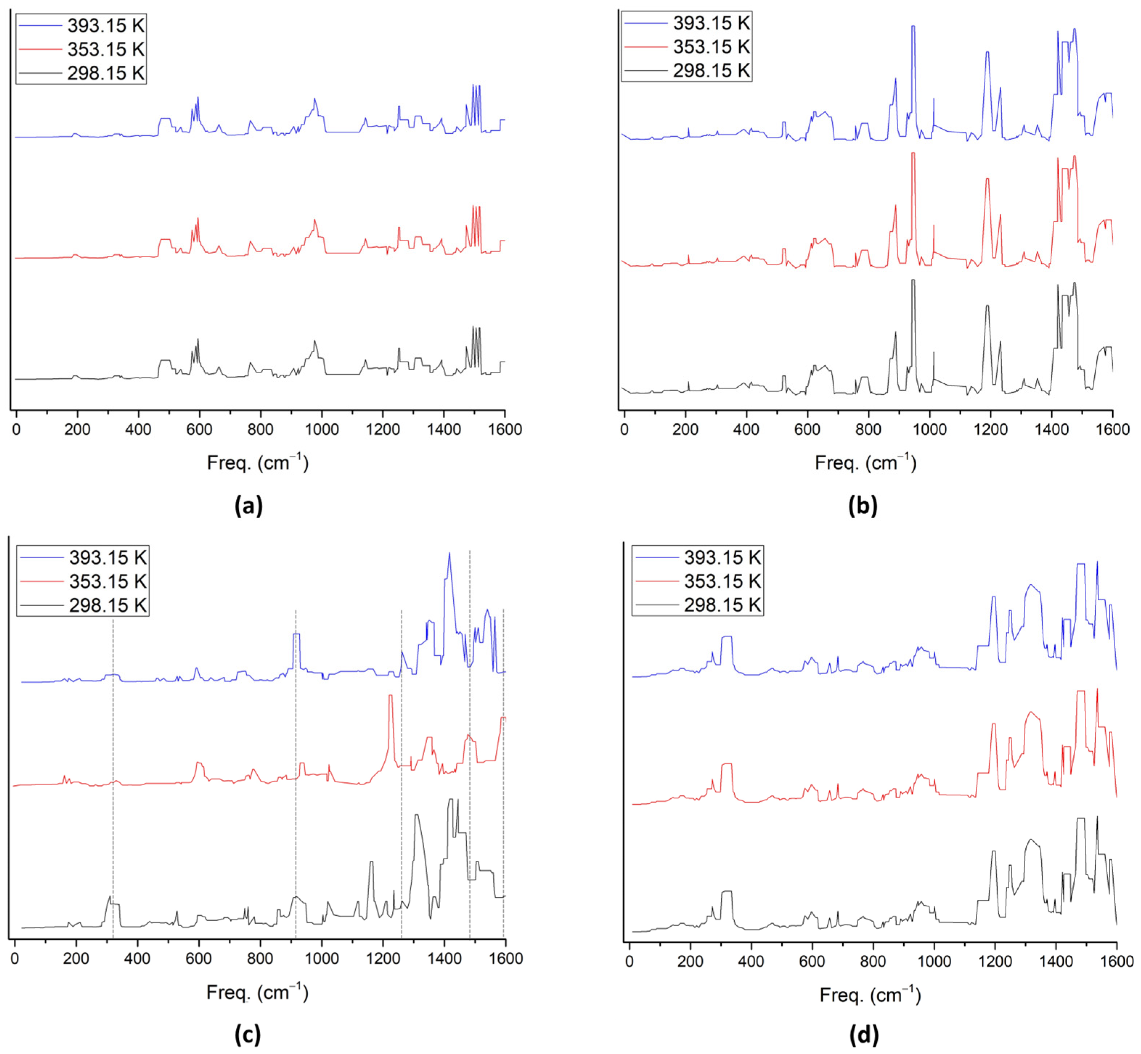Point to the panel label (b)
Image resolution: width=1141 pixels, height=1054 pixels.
tap(862, 506)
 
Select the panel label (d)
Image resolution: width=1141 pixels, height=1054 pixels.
tap(864, 1033)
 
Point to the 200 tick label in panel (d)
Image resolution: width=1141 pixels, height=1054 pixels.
tap(690, 962)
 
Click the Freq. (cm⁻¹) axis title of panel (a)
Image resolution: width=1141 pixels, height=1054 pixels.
tap(257, 462)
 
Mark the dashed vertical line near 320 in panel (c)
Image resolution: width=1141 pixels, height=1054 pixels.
tap(113, 799)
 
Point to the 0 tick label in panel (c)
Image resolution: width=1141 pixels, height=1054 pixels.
tap(15, 959)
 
